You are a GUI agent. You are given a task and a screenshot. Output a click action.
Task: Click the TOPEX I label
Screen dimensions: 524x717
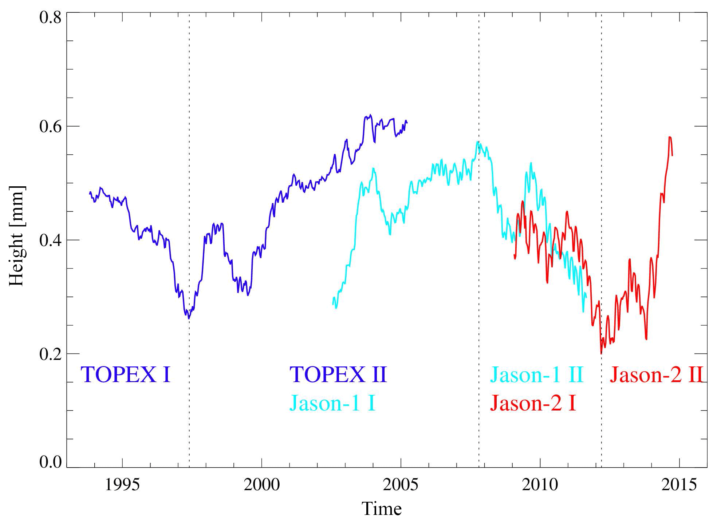click(x=126, y=374)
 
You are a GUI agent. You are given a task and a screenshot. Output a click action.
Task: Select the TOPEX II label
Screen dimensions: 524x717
click(x=338, y=374)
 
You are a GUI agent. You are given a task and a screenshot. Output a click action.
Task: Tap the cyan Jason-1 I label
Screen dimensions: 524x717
click(x=332, y=403)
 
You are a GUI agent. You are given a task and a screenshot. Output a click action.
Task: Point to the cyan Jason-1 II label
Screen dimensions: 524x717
click(x=536, y=374)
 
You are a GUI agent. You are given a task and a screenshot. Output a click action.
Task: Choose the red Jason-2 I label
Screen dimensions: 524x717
click(x=533, y=403)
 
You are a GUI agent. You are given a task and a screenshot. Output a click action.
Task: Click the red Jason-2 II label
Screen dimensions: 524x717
click(x=656, y=374)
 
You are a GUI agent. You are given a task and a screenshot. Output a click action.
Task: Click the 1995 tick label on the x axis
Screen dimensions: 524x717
click(x=122, y=485)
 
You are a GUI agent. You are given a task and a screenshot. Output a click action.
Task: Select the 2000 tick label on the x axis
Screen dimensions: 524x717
click(x=261, y=485)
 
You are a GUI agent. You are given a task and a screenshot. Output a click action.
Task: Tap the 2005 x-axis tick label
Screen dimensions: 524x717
click(x=401, y=485)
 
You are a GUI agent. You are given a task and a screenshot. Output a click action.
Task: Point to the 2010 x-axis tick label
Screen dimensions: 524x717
click(x=540, y=485)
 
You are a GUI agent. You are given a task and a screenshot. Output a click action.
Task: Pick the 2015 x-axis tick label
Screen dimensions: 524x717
click(x=679, y=485)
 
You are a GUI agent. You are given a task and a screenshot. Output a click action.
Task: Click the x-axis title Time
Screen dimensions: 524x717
click(x=381, y=509)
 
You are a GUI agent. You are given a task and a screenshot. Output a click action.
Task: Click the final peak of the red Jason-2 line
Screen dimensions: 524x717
click(x=670, y=137)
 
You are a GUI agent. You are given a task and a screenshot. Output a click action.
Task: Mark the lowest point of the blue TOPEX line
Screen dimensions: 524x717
click(x=189, y=318)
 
